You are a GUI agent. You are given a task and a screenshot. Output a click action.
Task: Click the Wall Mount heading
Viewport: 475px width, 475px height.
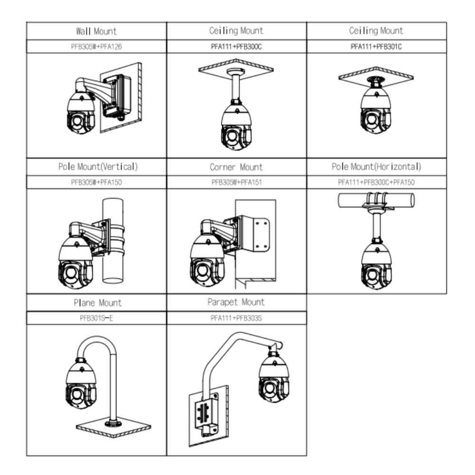click(96, 31)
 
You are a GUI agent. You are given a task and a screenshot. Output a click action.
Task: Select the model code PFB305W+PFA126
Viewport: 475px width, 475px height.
click(96, 47)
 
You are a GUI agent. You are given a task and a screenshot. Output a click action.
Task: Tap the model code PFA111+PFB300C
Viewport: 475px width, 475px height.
click(236, 47)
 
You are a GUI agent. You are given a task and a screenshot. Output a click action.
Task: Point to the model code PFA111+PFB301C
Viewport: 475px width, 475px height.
click(376, 47)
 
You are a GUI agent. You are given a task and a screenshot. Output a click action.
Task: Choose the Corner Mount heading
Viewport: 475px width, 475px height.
click(236, 167)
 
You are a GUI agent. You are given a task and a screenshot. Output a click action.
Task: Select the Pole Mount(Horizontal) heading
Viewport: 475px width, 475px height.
click(376, 167)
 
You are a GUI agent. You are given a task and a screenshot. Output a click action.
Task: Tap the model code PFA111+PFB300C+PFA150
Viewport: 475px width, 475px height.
click(376, 182)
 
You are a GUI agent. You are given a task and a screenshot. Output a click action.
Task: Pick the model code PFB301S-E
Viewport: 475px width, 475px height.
click(96, 318)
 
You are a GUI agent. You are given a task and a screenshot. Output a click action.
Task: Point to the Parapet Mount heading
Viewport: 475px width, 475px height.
click(236, 302)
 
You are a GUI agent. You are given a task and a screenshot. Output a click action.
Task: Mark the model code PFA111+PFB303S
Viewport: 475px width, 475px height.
click(236, 318)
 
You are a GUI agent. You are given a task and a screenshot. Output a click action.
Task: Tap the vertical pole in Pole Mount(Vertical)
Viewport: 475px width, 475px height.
click(113, 266)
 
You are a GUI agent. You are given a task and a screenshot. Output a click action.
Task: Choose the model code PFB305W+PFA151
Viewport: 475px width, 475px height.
click(236, 182)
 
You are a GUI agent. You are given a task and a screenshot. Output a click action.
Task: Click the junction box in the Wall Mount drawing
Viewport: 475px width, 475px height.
click(116, 95)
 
